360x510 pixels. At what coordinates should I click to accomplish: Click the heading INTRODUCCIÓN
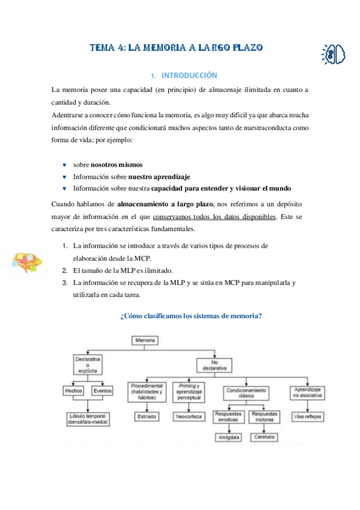pyautogui.click(x=186, y=76)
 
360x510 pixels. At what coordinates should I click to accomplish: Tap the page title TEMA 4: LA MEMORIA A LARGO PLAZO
pyautogui.click(x=176, y=48)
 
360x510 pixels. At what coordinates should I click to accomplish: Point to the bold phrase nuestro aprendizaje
pyautogui.click(x=159, y=177)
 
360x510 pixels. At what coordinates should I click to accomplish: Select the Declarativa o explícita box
pyautogui.click(x=88, y=364)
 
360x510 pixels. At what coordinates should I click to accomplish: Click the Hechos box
pyautogui.click(x=73, y=391)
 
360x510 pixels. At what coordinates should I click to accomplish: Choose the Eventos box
pyautogui.click(x=102, y=391)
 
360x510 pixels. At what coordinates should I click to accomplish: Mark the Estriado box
pyautogui.click(x=147, y=416)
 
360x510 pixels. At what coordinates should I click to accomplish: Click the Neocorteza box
pyautogui.click(x=189, y=416)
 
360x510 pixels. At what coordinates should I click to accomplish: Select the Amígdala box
pyautogui.click(x=229, y=437)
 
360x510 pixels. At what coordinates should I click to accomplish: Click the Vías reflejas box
pyautogui.click(x=307, y=416)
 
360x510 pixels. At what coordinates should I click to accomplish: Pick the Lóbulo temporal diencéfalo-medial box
pyautogui.click(x=88, y=419)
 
